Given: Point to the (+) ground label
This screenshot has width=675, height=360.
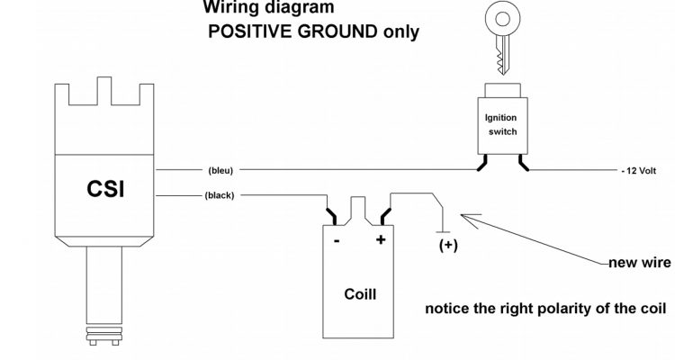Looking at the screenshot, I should point(446,245).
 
